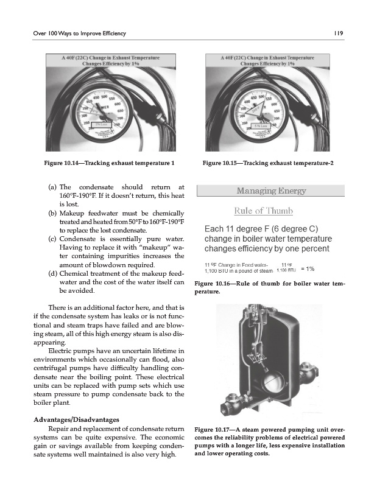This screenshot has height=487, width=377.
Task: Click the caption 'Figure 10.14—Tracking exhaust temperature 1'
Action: pos(110,163)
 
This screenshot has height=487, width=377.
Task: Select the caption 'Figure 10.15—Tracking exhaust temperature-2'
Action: pos(269,163)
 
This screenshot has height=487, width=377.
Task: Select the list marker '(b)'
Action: pos(52,214)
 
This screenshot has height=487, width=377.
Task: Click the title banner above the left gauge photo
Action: pos(111,60)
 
